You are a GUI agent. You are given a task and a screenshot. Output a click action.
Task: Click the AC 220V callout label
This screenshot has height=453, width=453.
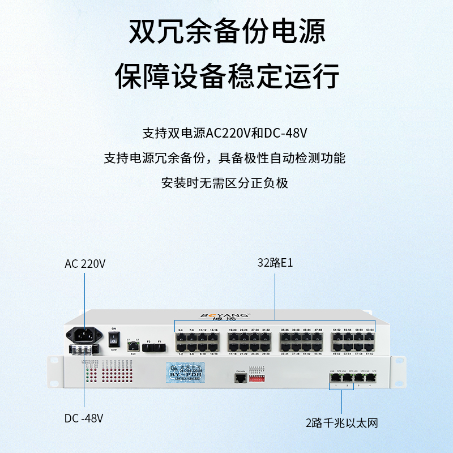[x=85, y=264]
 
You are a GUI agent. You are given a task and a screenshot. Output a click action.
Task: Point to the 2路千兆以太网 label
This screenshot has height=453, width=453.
[x=341, y=422]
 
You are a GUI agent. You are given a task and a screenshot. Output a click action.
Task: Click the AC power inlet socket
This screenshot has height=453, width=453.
[x=84, y=335]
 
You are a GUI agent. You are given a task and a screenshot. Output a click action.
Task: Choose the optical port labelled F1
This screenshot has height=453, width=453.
[x=160, y=347]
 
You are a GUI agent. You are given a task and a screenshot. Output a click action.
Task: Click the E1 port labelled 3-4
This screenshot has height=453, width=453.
[x=181, y=336]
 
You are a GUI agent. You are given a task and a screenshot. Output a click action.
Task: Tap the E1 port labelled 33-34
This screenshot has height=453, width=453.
[x=284, y=346]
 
